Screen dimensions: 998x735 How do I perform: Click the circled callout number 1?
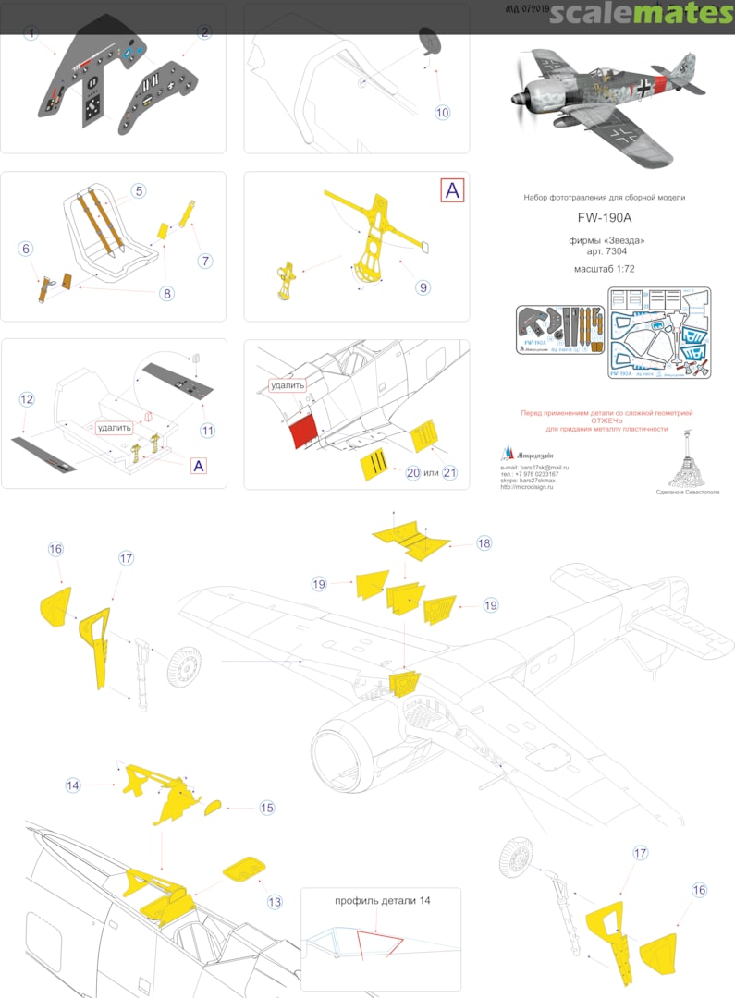(32, 32)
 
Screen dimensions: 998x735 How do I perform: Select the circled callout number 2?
(204, 32)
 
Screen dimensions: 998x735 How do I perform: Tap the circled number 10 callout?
(442, 113)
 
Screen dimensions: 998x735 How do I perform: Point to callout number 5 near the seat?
(138, 191)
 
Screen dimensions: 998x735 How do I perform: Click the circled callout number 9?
(423, 287)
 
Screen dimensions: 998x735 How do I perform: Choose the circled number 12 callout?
(27, 399)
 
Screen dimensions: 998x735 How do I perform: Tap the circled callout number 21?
(450, 472)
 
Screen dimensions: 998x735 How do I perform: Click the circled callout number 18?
(484, 543)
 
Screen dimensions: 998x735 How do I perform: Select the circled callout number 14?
(73, 785)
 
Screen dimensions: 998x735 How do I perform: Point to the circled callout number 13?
(275, 901)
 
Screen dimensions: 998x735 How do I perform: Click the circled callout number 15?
(266, 808)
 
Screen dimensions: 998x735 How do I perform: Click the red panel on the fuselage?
(303, 430)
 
